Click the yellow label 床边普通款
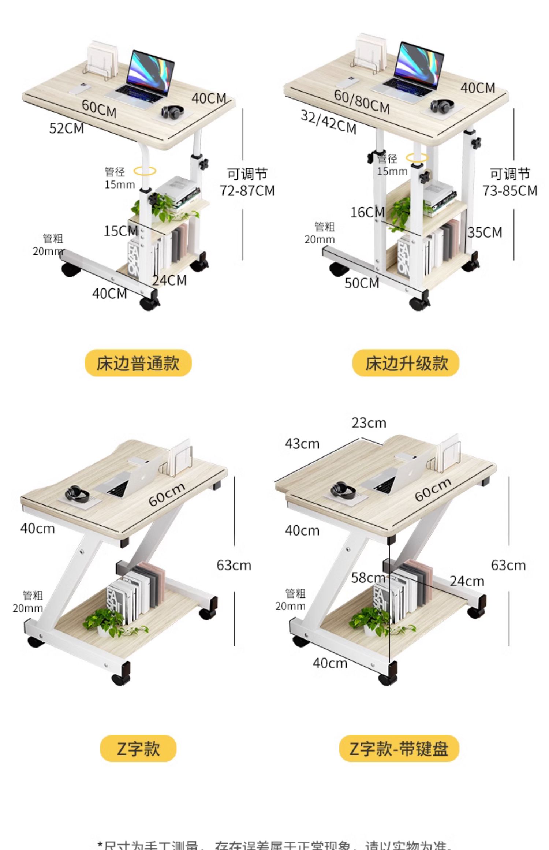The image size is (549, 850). coord(138,363)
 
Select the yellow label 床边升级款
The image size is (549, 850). coord(406,363)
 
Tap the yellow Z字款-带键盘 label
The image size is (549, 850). coord(399,748)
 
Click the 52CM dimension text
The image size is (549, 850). coord(67,128)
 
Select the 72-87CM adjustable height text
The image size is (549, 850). coord(247,191)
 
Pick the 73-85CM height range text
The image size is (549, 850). coord(509,191)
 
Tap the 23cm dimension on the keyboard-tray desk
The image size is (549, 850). coord(369,423)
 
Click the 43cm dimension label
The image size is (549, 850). coord(302,444)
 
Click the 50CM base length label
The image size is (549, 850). coord(362,283)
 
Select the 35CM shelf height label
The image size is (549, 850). coord(485,232)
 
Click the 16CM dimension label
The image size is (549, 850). coord(367,212)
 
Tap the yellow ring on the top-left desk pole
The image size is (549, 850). coord(145,170)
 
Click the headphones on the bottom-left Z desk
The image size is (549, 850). coord(77,494)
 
